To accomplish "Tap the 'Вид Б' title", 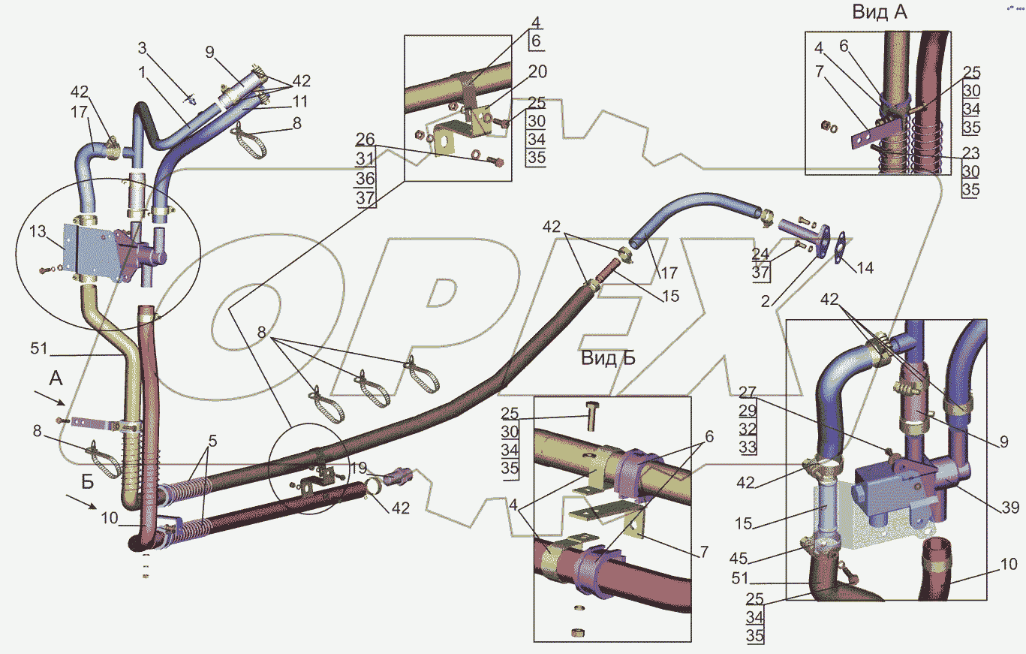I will coord(608,358).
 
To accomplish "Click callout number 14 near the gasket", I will coord(865,267).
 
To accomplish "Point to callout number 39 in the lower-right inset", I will coord(1009,508).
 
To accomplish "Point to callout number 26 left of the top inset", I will coord(366,140).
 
